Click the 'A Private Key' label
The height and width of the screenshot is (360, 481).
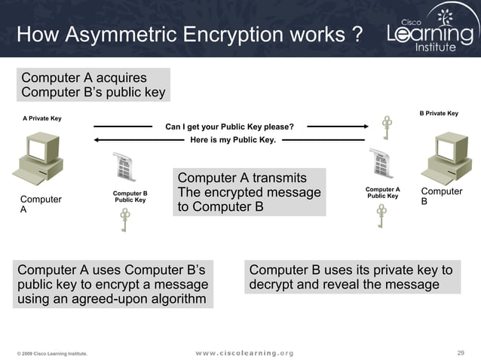coord(42,118)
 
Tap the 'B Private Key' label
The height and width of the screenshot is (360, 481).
coord(439,113)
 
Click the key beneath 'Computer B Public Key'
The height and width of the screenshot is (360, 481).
coord(125,221)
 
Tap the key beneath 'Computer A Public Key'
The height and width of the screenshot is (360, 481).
coord(381,216)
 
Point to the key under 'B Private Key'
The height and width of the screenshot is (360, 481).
coord(388,127)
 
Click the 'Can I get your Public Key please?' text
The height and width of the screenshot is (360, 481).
coord(229,127)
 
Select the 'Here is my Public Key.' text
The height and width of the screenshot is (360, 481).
coord(233,139)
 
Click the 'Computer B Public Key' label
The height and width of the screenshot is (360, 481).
coord(130,197)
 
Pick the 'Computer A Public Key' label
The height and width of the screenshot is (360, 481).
coord(382,193)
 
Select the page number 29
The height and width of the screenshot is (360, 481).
coord(461,352)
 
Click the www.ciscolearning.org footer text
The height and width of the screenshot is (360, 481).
coord(244,353)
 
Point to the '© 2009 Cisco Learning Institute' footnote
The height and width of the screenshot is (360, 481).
coord(52,353)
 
